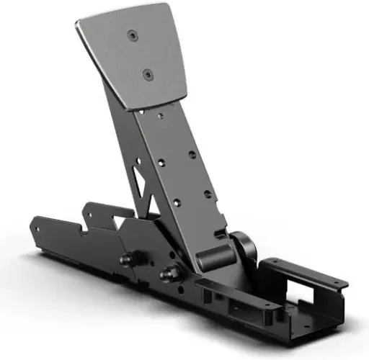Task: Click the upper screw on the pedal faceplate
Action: (131, 35)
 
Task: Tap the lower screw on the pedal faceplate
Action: (146, 73)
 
